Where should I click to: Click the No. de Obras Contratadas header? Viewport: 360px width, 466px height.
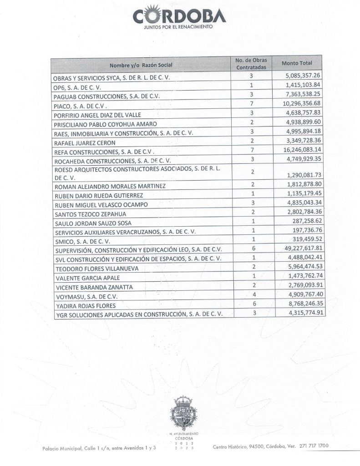[x=250, y=63]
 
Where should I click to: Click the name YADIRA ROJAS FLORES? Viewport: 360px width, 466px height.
[x=85, y=305]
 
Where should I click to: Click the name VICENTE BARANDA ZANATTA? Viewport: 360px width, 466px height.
[x=94, y=287]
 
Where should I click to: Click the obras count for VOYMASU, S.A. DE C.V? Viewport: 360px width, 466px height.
[x=250, y=295]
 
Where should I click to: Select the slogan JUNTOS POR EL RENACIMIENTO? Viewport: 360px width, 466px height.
[x=179, y=27]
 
